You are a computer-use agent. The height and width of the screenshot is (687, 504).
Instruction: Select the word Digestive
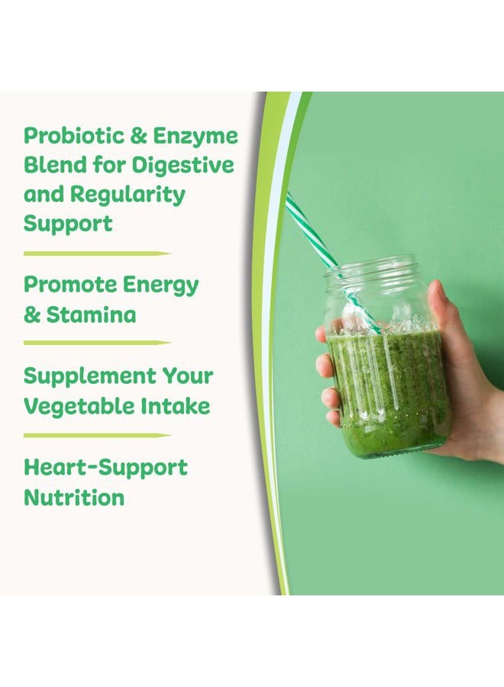pyautogui.click(x=183, y=165)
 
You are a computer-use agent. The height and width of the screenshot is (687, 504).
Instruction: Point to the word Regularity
pyautogui.click(x=128, y=195)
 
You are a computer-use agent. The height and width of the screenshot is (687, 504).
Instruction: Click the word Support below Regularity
pyautogui.click(x=67, y=224)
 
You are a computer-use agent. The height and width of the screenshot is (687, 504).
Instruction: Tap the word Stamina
pyautogui.click(x=92, y=314)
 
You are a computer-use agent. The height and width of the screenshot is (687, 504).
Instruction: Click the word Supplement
pyautogui.click(x=86, y=376)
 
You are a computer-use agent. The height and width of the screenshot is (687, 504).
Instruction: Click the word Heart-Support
pyautogui.click(x=105, y=467)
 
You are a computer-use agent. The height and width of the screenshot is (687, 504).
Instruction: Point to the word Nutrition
pyautogui.click(x=73, y=498)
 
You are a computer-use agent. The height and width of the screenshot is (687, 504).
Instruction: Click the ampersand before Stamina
pyautogui.click(x=32, y=314)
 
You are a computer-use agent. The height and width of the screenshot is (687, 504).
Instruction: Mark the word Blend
pyautogui.click(x=50, y=165)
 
